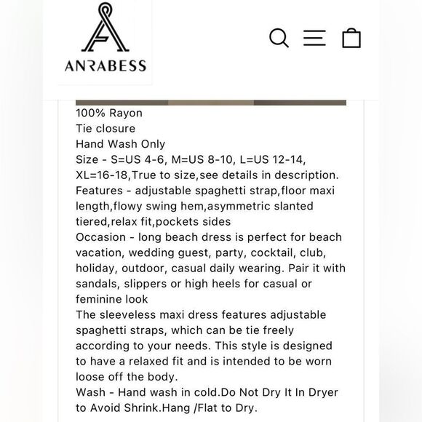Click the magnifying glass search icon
pos(279,38)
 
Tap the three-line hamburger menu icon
pos(314,38)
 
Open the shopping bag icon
pos(351,37)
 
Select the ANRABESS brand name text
pos(104,65)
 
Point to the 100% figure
pos(89,113)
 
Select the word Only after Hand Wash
pos(151,144)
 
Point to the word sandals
pos(98,284)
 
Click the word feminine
pos(102,299)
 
